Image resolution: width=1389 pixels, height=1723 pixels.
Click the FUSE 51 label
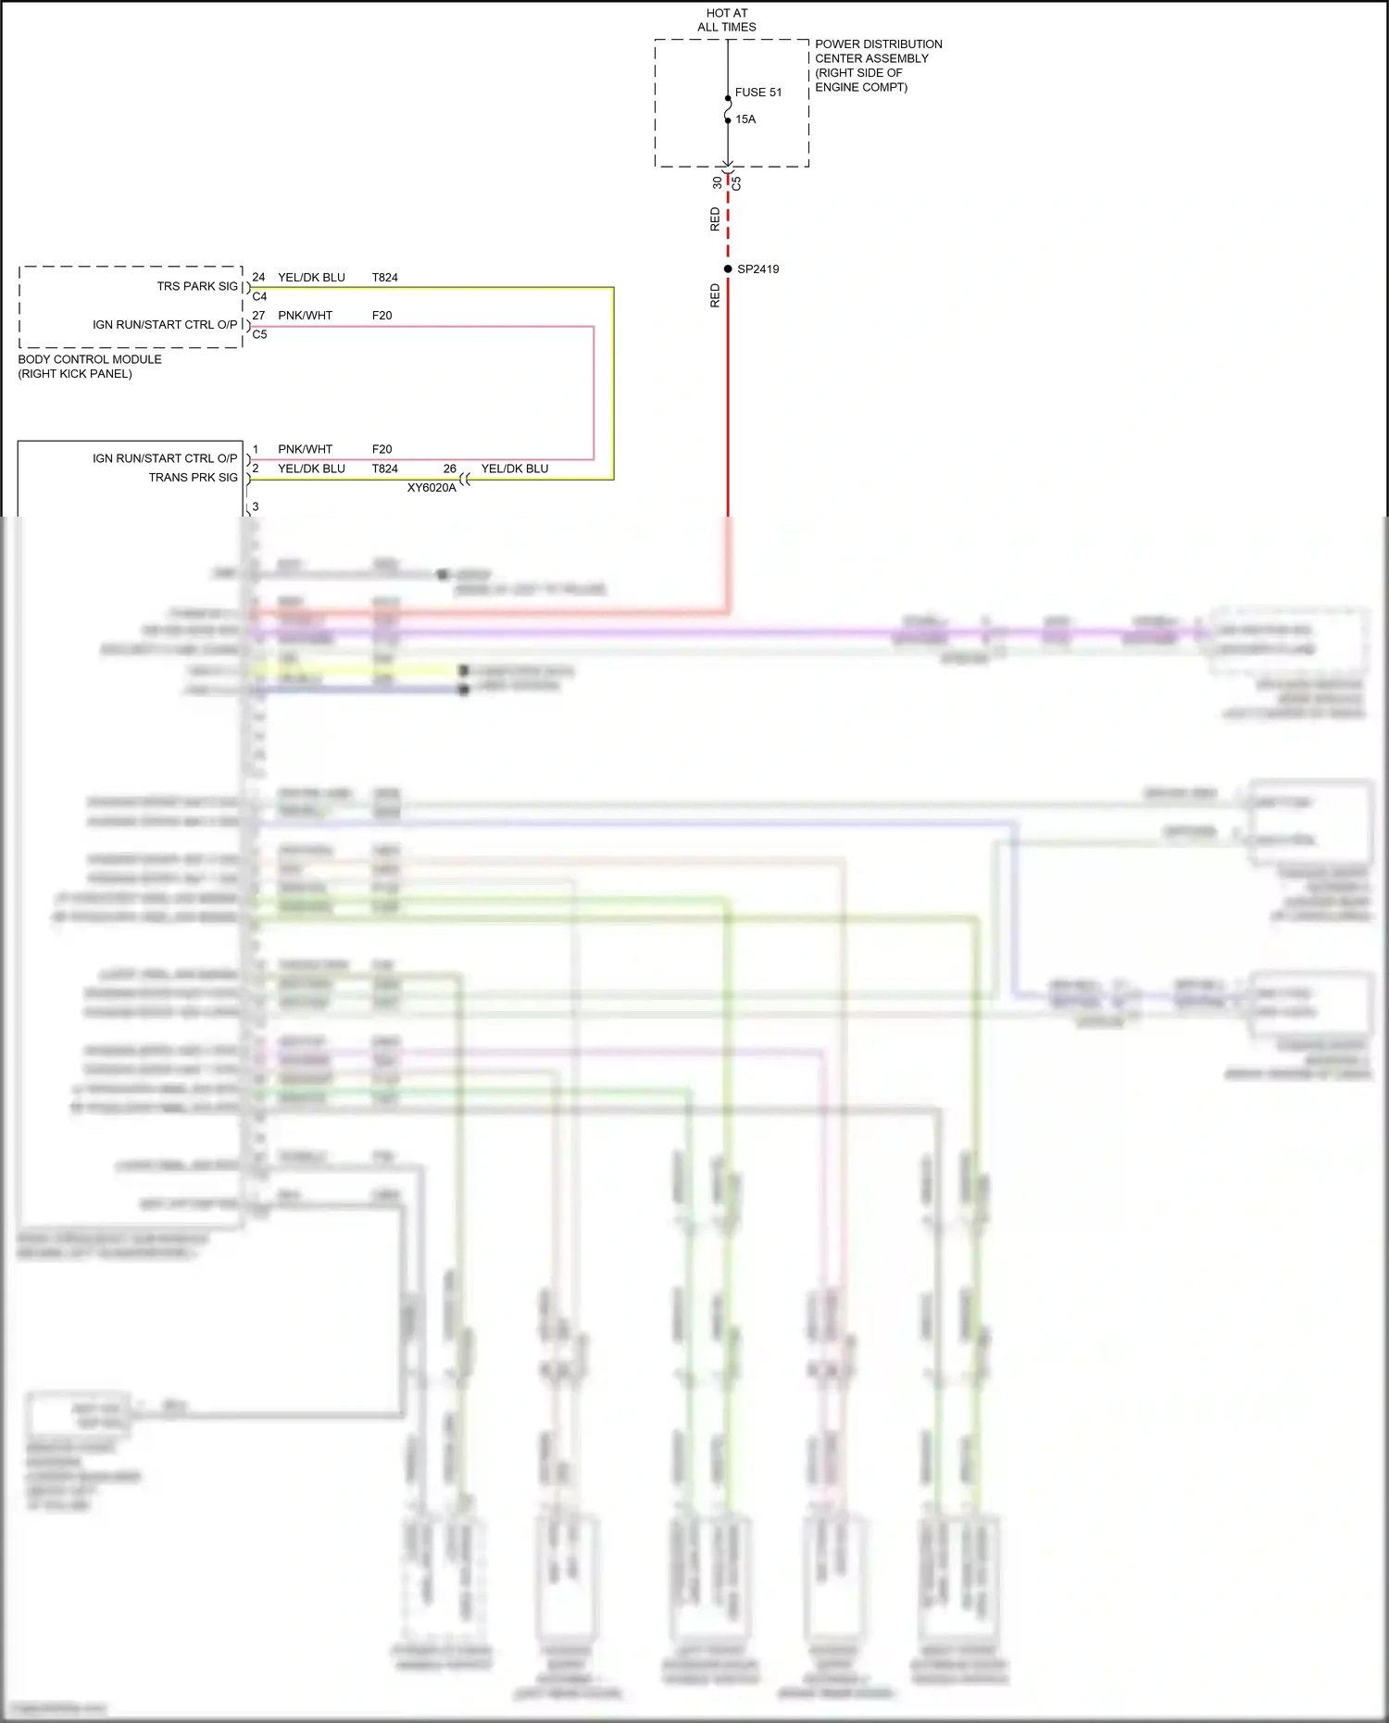[757, 93]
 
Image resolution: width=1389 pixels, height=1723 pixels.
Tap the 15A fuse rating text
[745, 119]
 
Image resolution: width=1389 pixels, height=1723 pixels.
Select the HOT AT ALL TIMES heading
[727, 20]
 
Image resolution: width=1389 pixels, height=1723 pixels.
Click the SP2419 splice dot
[728, 269]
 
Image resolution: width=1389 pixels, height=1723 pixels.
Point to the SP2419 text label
[757, 269]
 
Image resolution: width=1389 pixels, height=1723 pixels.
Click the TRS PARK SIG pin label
[197, 287]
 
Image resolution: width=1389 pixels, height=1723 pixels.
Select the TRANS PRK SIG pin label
[193, 478]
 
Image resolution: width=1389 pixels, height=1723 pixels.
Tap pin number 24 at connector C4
[258, 278]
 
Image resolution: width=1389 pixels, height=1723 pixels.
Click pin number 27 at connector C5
[258, 316]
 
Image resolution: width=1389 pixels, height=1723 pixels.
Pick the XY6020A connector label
[432, 488]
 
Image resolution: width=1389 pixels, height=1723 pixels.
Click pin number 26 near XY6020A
[449, 468]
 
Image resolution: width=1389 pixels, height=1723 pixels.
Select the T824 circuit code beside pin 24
[384, 278]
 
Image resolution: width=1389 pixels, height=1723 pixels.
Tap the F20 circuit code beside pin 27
[382, 316]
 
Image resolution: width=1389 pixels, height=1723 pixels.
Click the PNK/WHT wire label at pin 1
[305, 450]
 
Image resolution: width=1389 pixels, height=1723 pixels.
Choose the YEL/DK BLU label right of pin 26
[514, 468]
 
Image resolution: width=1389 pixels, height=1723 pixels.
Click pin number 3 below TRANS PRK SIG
[256, 506]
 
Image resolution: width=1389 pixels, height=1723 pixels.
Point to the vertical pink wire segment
[594, 393]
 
